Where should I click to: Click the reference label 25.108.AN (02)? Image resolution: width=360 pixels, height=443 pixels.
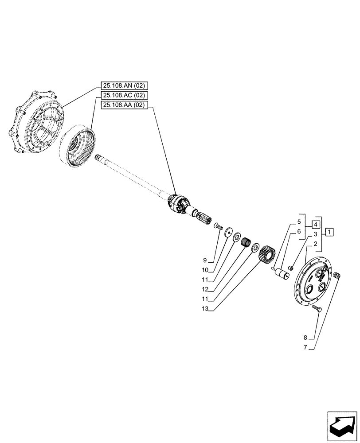point(126,85)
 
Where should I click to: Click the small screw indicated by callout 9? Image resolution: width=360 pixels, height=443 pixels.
point(218,227)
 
